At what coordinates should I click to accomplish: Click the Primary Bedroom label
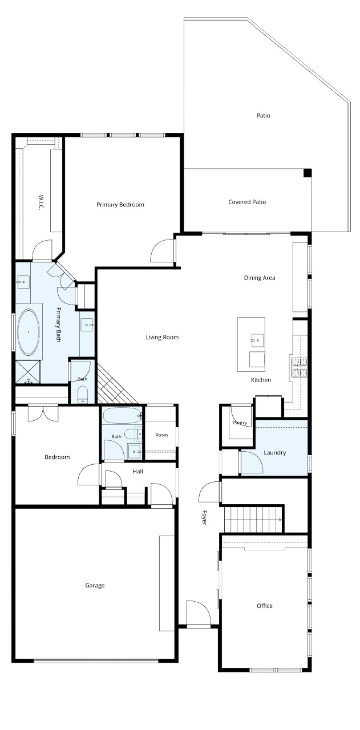click(120, 205)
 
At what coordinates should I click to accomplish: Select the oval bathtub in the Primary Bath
click(29, 332)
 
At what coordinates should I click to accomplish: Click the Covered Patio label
click(247, 202)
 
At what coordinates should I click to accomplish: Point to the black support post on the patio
click(308, 173)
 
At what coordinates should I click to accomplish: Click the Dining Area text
click(260, 278)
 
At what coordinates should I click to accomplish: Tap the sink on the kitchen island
click(257, 340)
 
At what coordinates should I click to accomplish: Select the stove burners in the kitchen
click(300, 367)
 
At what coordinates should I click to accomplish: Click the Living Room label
click(162, 337)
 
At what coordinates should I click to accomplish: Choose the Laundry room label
click(274, 453)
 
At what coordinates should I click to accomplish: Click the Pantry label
click(240, 423)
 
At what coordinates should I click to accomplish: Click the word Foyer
click(204, 517)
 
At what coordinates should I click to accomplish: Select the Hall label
click(137, 471)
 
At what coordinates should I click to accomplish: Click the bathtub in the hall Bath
click(122, 416)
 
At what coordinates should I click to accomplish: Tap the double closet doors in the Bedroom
click(43, 412)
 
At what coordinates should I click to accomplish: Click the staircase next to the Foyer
click(253, 520)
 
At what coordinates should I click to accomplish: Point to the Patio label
click(263, 115)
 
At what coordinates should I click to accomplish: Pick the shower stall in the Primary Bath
click(28, 371)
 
